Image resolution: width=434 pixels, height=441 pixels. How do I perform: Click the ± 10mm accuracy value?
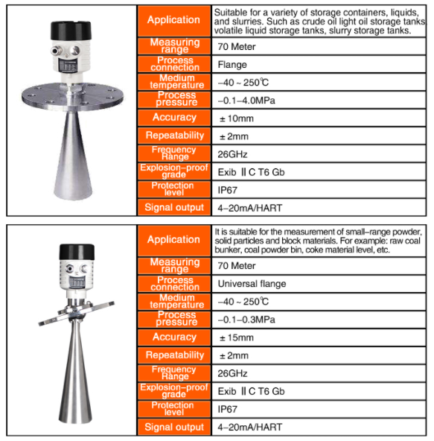[236, 118]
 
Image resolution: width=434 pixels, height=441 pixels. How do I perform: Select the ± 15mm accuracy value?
[236, 337]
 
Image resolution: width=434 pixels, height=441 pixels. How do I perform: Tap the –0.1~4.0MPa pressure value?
[245, 100]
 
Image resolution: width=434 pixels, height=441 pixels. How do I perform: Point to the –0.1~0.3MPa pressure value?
[245, 320]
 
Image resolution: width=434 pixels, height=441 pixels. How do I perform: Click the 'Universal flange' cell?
[252, 284]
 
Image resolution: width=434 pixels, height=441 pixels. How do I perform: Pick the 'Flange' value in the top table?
[232, 65]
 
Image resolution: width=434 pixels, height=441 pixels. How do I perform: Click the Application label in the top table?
[173, 20]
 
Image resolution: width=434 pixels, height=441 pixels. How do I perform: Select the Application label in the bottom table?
[173, 240]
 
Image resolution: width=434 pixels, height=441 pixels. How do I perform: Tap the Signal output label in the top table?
[173, 208]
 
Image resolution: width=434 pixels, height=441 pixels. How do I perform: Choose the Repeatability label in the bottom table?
[173, 355]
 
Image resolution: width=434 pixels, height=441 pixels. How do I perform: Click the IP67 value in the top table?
[227, 190]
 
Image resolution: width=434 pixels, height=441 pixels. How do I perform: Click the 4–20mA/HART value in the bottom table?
[249, 428]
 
